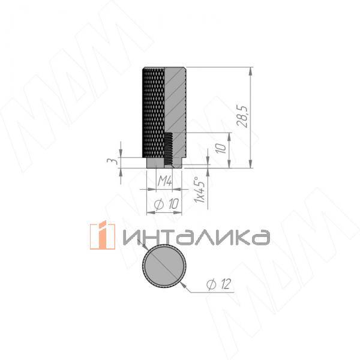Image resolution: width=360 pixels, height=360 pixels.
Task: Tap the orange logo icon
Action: coord(102,235)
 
